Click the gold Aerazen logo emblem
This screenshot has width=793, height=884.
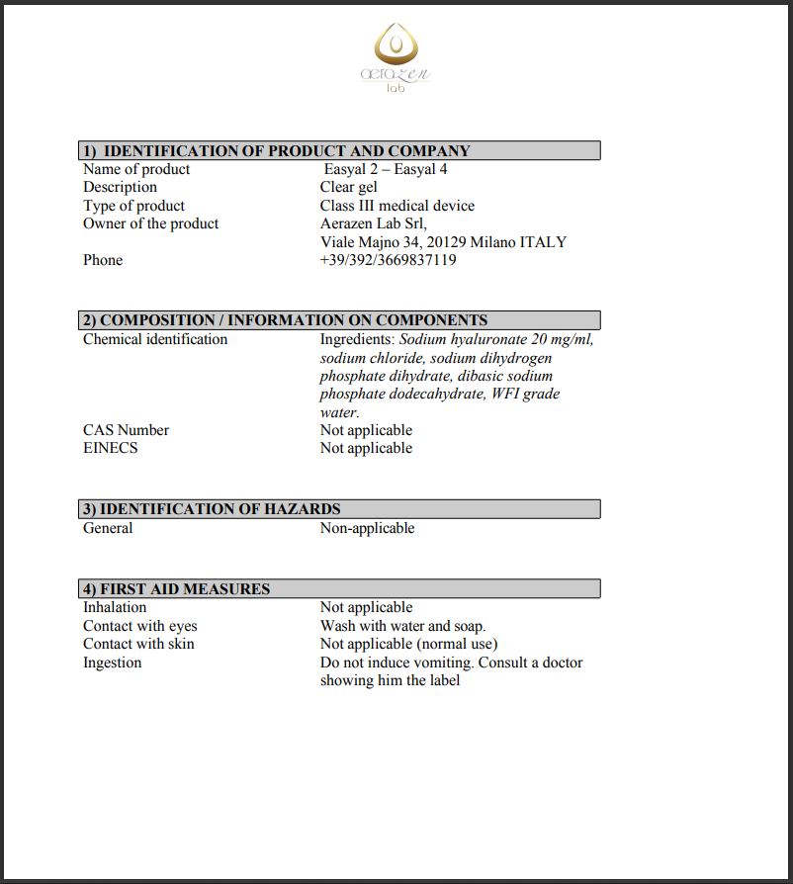pos(396,44)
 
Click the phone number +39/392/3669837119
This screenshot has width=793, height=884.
pos(388,260)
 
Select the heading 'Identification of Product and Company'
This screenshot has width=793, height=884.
pos(287,151)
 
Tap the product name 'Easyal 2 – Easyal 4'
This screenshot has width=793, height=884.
pos(386,169)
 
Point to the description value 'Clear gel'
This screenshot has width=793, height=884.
pos(349,187)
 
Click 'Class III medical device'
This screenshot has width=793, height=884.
pos(396,206)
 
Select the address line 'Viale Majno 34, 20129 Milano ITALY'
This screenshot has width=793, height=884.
pos(443,241)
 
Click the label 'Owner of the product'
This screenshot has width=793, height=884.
pos(150,223)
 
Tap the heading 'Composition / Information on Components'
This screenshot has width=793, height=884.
pos(294,320)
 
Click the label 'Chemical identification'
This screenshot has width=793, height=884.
pos(155,339)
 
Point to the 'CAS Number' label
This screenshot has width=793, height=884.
pos(126,430)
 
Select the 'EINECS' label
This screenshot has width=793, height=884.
pos(111,448)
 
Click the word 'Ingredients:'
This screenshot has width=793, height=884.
pos(357,339)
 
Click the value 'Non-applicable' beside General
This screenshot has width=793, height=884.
pos(367,528)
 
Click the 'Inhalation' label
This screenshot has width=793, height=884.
pos(115,607)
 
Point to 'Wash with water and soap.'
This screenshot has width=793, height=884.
pos(402,626)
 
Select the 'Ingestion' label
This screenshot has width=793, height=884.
pos(112,663)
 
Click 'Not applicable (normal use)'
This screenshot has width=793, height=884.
pos(408,644)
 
